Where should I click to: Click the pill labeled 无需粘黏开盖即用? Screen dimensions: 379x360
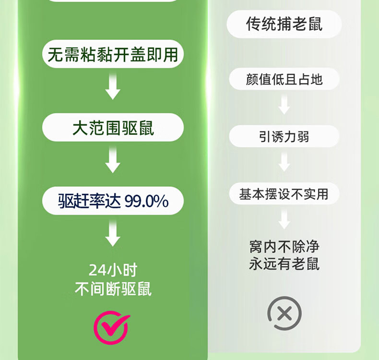(x=113, y=54)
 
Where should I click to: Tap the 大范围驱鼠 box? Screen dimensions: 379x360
(x=113, y=128)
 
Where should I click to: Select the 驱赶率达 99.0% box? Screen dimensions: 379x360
(x=113, y=201)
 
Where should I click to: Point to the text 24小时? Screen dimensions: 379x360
(x=113, y=270)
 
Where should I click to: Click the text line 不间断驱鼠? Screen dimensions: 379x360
(x=113, y=289)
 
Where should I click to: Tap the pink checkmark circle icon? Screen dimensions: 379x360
(x=111, y=327)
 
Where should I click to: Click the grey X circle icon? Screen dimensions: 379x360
(x=284, y=314)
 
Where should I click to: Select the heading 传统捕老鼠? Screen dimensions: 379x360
(x=284, y=24)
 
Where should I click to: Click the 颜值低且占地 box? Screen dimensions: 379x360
(x=284, y=79)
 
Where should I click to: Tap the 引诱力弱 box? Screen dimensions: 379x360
(x=284, y=137)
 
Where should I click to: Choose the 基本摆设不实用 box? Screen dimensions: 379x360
(x=284, y=194)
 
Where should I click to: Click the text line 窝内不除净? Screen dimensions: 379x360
(x=284, y=247)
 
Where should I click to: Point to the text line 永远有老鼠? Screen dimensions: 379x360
(x=284, y=264)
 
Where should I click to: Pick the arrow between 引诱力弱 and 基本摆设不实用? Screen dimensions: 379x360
(x=284, y=163)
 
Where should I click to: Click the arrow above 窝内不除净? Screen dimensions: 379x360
(x=284, y=220)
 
